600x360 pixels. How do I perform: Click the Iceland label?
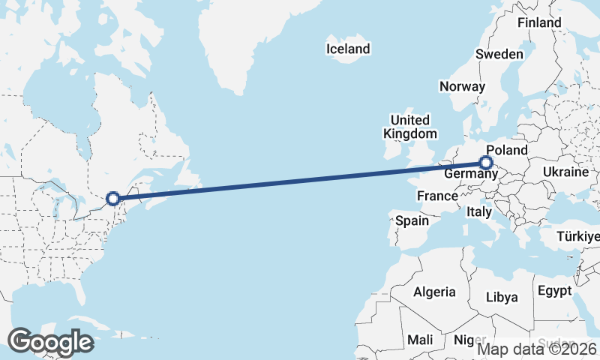[348, 49]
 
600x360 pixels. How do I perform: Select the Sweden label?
[499, 54]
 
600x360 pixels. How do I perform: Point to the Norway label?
[463, 86]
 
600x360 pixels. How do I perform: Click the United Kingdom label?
[409, 127]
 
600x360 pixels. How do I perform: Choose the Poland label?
[507, 150]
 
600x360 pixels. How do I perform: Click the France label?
[437, 196]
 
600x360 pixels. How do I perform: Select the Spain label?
[412, 220]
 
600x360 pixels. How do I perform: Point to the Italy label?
[479, 212]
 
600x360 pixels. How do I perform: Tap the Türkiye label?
[578, 237]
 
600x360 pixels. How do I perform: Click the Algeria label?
[434, 292]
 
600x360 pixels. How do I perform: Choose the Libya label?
[502, 297]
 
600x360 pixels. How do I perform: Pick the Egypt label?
[554, 290]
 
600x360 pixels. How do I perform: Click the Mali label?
[421, 340]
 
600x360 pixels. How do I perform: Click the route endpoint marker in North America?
[113, 199]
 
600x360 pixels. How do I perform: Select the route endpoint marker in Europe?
[486, 162]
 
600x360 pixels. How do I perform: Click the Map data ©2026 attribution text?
[537, 349]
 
